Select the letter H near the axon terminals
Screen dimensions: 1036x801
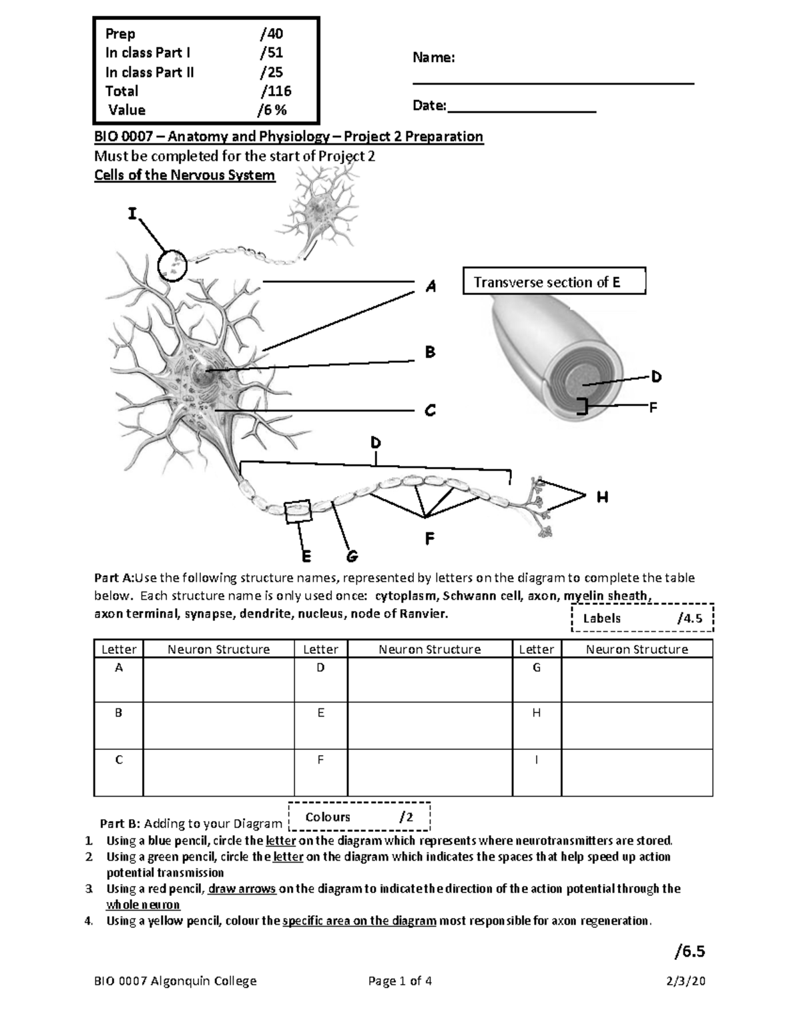tap(602, 497)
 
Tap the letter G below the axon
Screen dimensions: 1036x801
tap(352, 556)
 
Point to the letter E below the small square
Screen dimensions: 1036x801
tap(306, 556)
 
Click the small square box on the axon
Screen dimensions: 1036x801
tap(298, 512)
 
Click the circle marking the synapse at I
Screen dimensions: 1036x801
tap(172, 265)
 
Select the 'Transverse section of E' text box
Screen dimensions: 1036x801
tap(554, 282)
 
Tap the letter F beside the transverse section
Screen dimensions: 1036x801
tap(653, 407)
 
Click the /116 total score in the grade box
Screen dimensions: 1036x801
tap(276, 91)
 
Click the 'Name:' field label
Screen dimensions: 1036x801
tap(434, 58)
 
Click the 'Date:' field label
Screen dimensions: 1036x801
tap(429, 105)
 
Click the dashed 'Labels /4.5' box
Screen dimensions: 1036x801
tap(643, 618)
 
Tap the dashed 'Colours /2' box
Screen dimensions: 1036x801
tap(359, 817)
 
